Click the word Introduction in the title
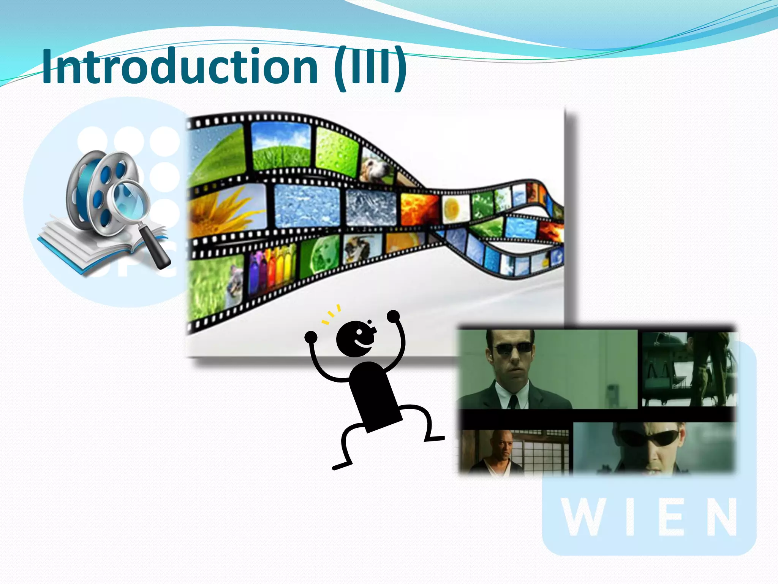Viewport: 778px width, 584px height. point(179,67)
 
